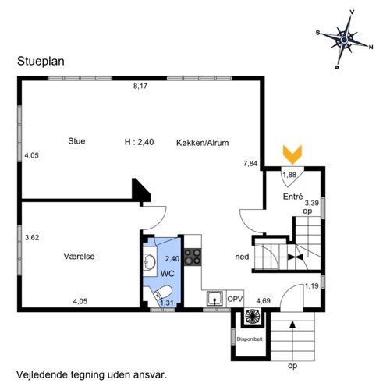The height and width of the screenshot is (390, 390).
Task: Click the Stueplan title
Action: [x=41, y=62]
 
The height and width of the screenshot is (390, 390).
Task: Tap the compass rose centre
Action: [x=344, y=40]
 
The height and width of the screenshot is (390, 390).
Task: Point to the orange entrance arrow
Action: [x=292, y=154]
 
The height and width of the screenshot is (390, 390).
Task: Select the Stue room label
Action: [x=76, y=141]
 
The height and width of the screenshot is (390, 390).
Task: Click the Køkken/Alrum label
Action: [x=203, y=143]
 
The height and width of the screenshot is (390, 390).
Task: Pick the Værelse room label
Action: [x=79, y=257]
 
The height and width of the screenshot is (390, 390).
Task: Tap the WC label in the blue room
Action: [x=168, y=274]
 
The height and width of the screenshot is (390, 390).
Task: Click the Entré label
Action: [x=292, y=197]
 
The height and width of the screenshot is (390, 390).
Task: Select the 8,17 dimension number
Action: [x=140, y=86]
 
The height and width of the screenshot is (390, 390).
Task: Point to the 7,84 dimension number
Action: [x=250, y=163]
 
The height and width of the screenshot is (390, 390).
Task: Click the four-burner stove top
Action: [x=193, y=257]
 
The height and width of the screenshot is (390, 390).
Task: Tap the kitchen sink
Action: [x=214, y=298]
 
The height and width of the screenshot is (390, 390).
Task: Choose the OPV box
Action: [x=235, y=299]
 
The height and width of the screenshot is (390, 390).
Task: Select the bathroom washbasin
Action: [x=150, y=261]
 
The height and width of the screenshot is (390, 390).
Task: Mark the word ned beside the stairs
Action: [x=242, y=257]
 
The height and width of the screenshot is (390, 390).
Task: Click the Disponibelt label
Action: [x=250, y=339]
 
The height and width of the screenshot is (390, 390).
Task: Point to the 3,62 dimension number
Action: [x=32, y=238]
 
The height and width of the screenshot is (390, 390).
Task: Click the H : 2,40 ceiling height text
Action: [x=139, y=142]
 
